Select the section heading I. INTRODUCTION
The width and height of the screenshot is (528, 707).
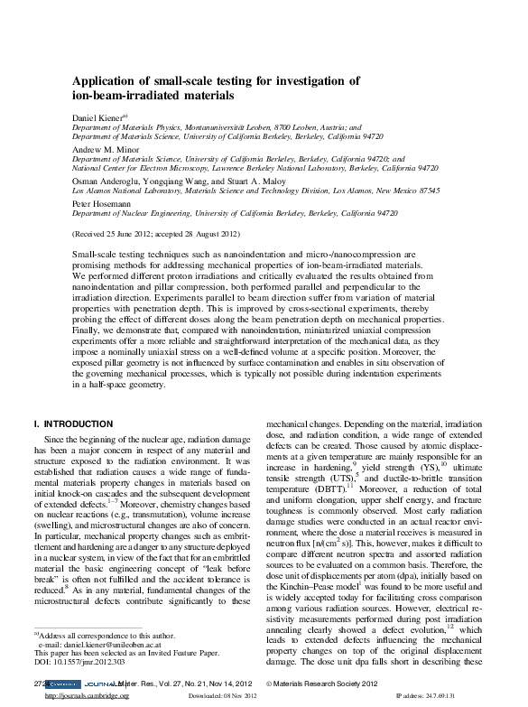click(x=72, y=423)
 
